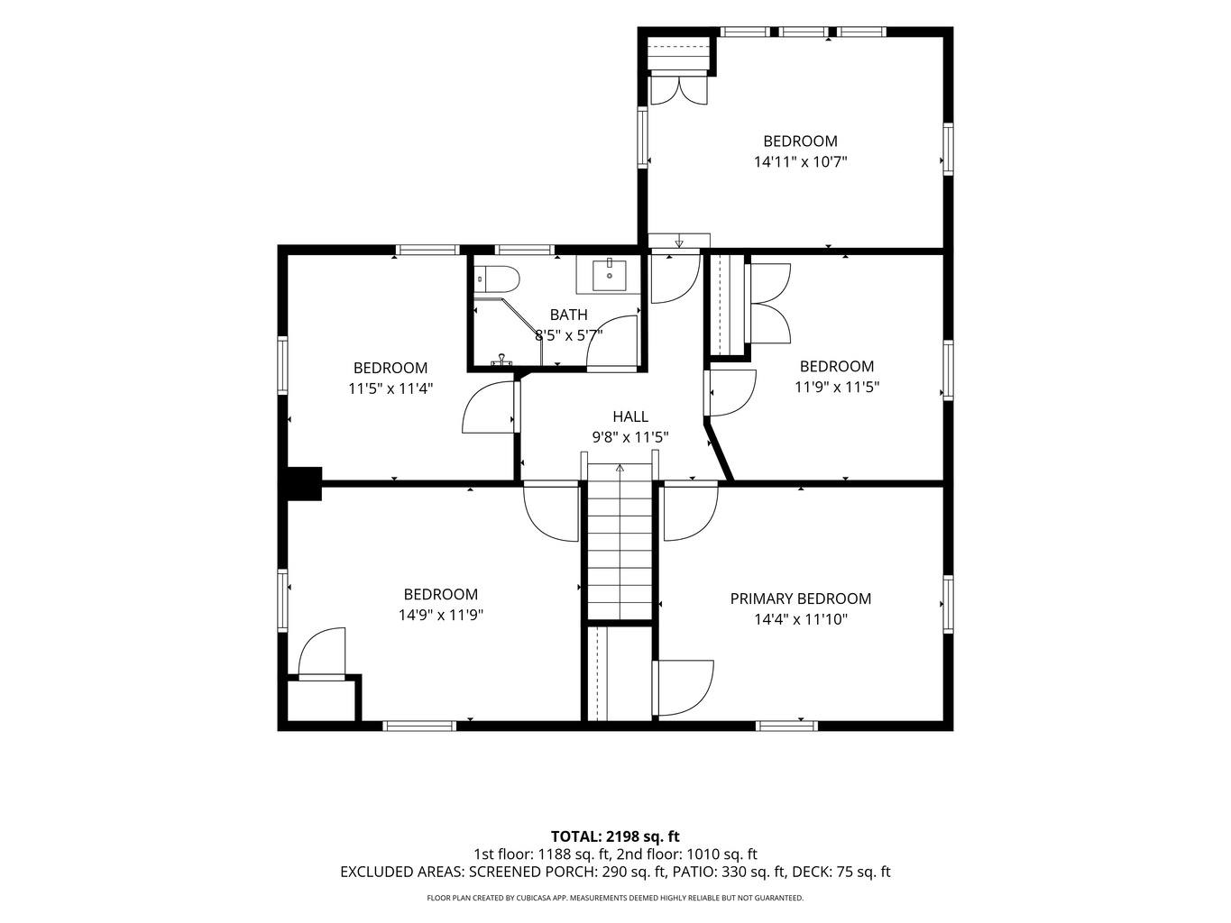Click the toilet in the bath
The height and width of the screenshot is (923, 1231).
tap(497, 279)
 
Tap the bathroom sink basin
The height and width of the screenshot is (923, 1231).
tap(609, 275)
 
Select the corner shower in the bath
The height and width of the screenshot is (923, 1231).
tap(509, 331)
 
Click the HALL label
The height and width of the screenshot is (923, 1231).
tap(630, 416)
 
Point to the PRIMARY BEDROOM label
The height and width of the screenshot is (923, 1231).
tap(800, 599)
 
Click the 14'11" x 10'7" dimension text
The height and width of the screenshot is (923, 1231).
tap(800, 162)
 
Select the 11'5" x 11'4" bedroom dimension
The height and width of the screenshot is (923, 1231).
tap(390, 388)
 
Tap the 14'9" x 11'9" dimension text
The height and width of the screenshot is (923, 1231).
tap(441, 615)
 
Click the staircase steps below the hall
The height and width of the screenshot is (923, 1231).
tap(620, 542)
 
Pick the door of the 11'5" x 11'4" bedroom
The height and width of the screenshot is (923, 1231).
tap(489, 407)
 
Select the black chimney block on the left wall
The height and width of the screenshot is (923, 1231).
tap(304, 483)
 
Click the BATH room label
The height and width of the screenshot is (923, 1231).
tap(569, 315)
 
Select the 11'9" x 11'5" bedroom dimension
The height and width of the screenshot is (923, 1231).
tap(837, 387)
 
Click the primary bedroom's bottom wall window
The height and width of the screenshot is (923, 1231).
tap(786, 726)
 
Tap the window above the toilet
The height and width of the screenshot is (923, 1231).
tap(524, 250)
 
